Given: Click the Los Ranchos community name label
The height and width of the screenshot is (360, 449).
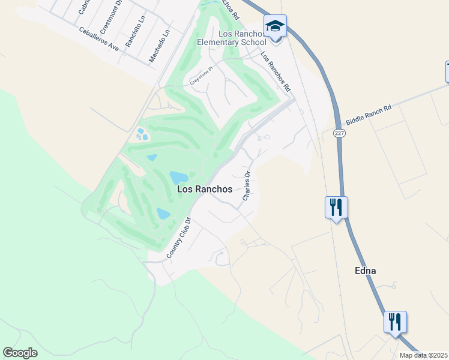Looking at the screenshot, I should point(205,189).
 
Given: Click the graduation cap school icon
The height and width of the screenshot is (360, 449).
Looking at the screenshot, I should point(276,26).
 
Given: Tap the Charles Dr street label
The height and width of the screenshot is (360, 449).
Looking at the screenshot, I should point(246,186).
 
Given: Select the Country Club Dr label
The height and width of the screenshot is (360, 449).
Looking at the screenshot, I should point(178,238).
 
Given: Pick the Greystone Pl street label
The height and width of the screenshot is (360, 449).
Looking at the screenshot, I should point(202,76).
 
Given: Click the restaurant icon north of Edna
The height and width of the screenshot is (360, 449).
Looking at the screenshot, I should point(336,207).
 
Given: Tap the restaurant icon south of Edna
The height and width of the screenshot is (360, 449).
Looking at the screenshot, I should point(395,322).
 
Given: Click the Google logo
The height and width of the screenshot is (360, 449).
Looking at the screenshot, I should point(20,353).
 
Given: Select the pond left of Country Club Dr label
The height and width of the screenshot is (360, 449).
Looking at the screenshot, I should point(163,213).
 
